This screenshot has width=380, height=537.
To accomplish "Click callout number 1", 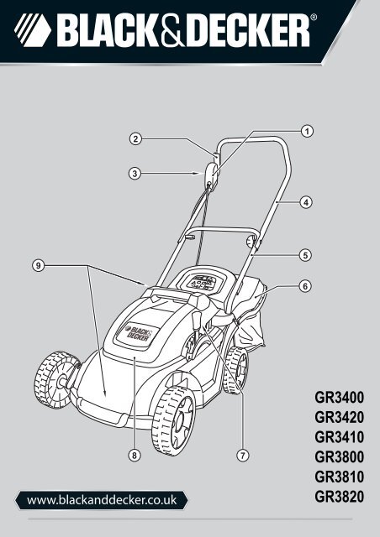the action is (x=307, y=131).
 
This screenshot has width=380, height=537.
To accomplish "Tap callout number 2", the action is (x=135, y=138).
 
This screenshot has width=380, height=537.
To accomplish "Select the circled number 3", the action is (x=135, y=174).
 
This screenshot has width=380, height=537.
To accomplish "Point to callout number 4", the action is (x=306, y=202).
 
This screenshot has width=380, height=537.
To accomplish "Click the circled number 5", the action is (x=305, y=255).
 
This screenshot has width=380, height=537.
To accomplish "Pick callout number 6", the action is (x=305, y=285).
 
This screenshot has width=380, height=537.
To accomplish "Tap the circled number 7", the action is (x=243, y=456).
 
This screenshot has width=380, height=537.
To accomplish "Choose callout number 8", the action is (x=135, y=455).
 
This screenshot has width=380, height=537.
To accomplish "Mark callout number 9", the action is (x=39, y=265).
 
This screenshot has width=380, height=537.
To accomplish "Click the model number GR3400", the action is (x=339, y=398).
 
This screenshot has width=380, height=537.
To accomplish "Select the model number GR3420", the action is (x=339, y=418).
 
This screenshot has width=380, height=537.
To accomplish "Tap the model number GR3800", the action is (x=339, y=456).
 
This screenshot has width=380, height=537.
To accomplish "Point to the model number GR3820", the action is (x=339, y=497).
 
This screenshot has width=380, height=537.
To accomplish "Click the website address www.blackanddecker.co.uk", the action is (x=102, y=500).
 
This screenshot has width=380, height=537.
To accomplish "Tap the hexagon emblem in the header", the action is (x=33, y=30).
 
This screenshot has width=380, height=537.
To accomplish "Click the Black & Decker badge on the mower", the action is (x=138, y=332).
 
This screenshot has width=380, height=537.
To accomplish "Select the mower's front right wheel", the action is (x=173, y=421).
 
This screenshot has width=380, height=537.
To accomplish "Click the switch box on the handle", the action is (x=212, y=175).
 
